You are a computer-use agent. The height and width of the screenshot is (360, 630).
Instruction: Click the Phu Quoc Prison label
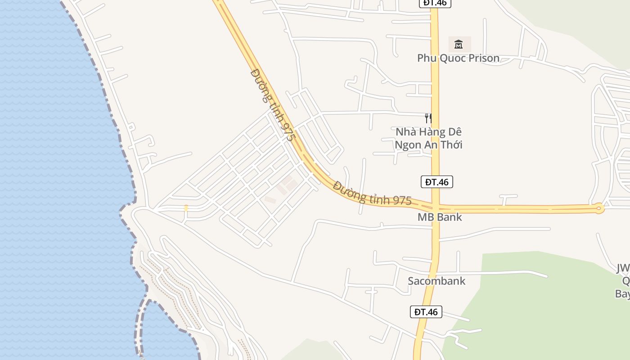(x=458, y=58)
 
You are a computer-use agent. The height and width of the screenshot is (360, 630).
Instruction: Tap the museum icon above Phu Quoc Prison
(x=459, y=44)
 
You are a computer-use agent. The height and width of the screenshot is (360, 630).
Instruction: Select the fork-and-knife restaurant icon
(x=428, y=118)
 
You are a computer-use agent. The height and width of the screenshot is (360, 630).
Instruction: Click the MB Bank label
(x=440, y=217)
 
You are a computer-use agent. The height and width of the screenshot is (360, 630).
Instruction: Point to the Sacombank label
(x=436, y=281)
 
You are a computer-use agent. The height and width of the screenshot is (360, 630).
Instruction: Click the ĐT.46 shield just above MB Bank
(x=437, y=182)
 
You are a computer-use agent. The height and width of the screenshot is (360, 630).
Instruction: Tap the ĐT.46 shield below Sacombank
(x=426, y=312)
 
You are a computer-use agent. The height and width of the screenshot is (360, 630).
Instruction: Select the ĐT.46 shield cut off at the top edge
(x=435, y=3)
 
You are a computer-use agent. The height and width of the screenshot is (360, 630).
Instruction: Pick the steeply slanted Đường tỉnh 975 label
(x=272, y=105)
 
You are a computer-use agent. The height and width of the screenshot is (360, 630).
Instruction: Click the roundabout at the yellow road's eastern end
(x=598, y=208)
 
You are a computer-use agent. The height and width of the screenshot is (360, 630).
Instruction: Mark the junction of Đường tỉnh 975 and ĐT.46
(x=435, y=208)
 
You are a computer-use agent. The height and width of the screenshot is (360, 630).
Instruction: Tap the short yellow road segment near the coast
(x=186, y=208)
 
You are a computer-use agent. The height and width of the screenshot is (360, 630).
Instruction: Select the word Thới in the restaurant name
(x=451, y=145)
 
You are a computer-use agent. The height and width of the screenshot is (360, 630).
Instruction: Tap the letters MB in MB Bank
(x=425, y=217)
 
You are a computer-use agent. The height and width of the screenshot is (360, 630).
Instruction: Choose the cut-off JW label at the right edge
(x=623, y=269)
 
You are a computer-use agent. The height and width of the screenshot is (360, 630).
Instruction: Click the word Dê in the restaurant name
(x=454, y=132)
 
